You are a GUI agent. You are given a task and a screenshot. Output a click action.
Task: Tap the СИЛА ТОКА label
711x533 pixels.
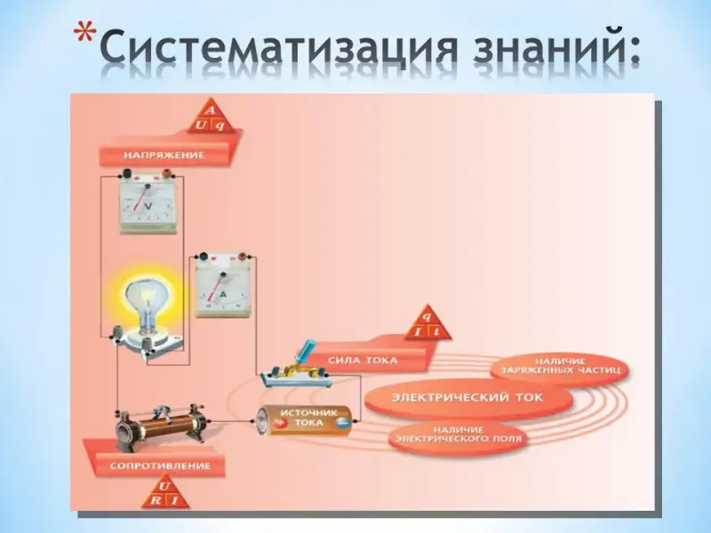pyautogui.click(x=362, y=360)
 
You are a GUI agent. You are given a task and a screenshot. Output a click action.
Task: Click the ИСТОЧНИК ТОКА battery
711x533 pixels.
pyautogui.click(x=306, y=419)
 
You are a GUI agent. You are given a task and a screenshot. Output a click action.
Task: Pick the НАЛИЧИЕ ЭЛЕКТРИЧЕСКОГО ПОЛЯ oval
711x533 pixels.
pyautogui.click(x=459, y=434)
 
